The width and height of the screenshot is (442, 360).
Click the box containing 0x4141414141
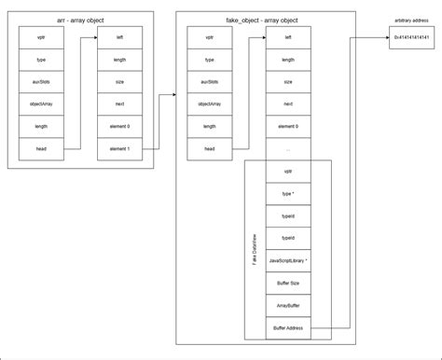(410, 37)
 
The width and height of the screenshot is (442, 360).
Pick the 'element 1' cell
(120, 148)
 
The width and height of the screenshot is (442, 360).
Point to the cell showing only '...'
(287, 148)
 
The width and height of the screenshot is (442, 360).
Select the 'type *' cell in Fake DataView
(287, 194)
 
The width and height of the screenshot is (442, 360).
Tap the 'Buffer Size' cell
(287, 283)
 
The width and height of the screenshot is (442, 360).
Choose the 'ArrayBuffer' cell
(287, 305)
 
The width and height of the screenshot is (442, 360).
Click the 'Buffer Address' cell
(287, 327)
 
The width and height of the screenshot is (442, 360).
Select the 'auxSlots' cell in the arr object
(41, 82)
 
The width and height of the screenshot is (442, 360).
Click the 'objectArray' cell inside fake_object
(209, 104)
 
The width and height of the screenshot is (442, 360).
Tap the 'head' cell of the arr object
(41, 148)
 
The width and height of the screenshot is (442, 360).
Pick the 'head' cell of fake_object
(209, 148)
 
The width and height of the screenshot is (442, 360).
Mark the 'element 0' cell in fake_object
(287, 127)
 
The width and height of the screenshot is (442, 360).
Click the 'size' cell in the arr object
(120, 82)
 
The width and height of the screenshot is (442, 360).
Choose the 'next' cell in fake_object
(287, 104)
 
